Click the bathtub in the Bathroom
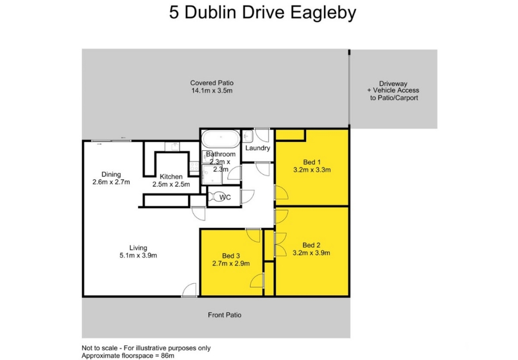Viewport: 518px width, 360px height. click(221, 139)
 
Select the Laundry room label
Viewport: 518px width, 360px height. click(257, 148)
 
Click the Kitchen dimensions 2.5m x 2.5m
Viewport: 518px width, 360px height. click(171, 184)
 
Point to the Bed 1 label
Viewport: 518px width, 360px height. click(312, 162)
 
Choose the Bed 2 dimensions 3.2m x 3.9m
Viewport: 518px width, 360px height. click(312, 253)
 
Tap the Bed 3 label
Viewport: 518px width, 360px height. click(231, 256)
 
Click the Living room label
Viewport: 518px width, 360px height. click(138, 248)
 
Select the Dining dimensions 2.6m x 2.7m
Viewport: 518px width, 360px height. click(111, 182)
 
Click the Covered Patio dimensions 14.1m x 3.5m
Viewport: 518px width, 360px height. click(212, 91)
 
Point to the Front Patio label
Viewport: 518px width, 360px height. click(225, 315)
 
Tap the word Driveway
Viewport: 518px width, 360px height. click(393, 84)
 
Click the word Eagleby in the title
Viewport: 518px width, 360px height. click(323, 13)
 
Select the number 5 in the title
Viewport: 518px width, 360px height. click(174, 13)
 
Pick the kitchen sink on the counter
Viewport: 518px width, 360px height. click(172, 146)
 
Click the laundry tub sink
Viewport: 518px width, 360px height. click(248, 136)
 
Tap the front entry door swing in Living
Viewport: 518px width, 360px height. click(189, 290)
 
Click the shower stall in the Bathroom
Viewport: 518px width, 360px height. click(212, 175)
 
